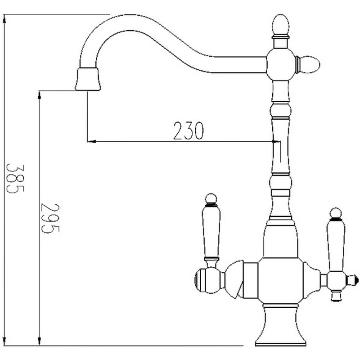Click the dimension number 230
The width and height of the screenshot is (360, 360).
[189, 130]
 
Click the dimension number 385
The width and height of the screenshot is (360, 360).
[15, 178]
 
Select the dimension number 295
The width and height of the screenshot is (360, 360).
[50, 218]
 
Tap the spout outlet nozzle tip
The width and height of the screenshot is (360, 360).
[88, 79]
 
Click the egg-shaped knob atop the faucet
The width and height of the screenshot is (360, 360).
[280, 25]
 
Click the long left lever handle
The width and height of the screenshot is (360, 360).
[211, 231]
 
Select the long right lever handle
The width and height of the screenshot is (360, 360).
[336, 245]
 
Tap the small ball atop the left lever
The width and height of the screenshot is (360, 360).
[211, 198]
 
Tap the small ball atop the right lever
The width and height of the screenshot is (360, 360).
[336, 213]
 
